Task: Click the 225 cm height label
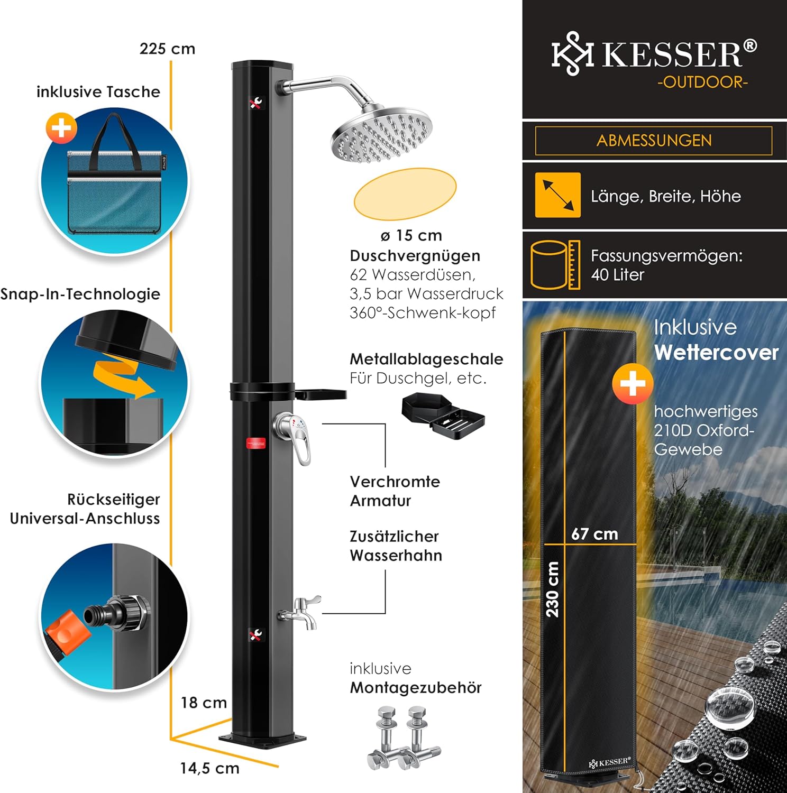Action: pyautogui.click(x=167, y=49)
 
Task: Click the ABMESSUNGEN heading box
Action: pyautogui.click(x=654, y=141)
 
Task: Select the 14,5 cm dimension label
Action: pyautogui.click(x=209, y=768)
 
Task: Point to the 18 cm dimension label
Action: pyautogui.click(x=204, y=703)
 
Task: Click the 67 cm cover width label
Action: pyautogui.click(x=594, y=534)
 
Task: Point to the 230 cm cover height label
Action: pyautogui.click(x=552, y=589)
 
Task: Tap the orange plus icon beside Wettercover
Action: pyautogui.click(x=632, y=384)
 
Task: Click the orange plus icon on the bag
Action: pyautogui.click(x=61, y=128)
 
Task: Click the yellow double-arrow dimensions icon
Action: pyautogui.click(x=557, y=195)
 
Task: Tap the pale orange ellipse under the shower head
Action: pyautogui.click(x=405, y=193)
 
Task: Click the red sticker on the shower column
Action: pyautogui.click(x=256, y=443)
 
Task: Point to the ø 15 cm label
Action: pyautogui.click(x=411, y=235)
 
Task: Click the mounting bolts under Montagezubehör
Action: pyautogui.click(x=403, y=737)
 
